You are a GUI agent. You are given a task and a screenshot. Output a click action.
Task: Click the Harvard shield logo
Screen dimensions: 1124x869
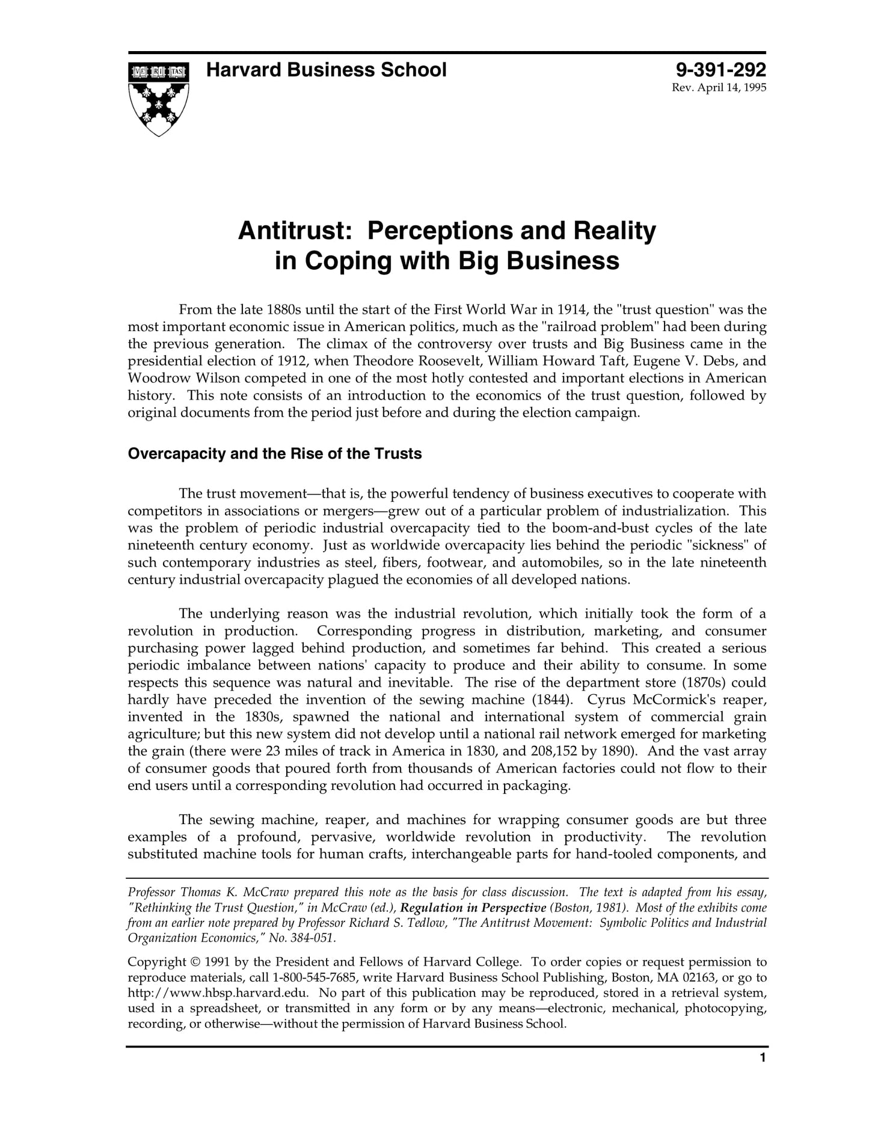[x=158, y=98]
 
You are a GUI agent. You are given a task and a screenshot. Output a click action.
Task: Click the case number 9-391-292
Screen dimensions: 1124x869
[x=721, y=70]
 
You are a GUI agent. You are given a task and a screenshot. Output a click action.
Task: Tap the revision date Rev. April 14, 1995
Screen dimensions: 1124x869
[x=719, y=88]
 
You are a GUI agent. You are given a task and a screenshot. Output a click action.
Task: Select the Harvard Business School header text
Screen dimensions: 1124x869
[x=326, y=70]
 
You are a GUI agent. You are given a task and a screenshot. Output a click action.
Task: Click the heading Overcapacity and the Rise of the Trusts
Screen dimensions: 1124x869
[x=275, y=453]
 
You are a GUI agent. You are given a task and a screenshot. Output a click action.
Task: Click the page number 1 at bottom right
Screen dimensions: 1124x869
[x=763, y=1074]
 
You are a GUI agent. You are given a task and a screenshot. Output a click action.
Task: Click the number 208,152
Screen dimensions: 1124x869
[x=557, y=751]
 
